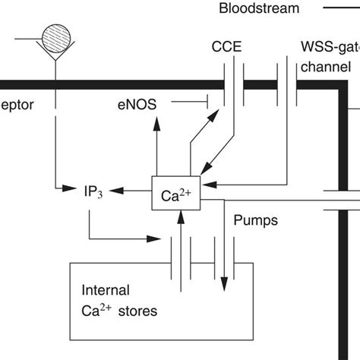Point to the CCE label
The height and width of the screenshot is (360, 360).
227,47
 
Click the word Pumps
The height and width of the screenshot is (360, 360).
255,221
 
